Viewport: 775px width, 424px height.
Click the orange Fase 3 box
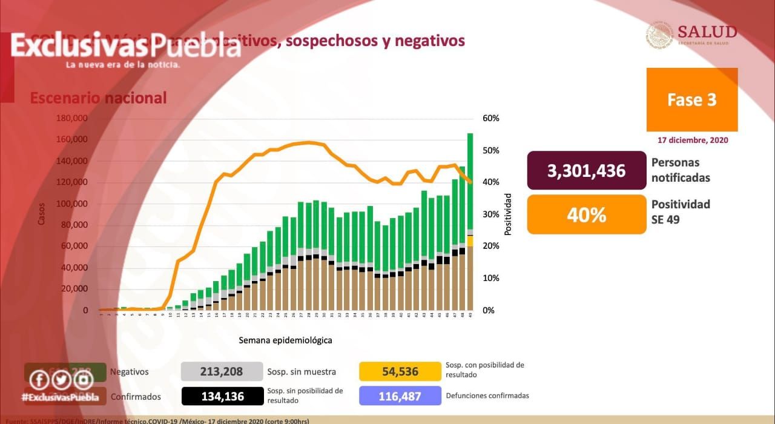click(x=691, y=99)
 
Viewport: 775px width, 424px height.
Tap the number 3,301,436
click(x=585, y=171)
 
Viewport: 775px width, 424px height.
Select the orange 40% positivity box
click(x=585, y=214)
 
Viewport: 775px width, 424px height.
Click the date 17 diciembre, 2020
click(x=693, y=140)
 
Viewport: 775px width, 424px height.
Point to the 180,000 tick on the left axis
click(x=71, y=118)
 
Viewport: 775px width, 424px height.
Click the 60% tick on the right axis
click(x=491, y=118)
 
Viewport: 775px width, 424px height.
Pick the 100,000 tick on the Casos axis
click(x=71, y=204)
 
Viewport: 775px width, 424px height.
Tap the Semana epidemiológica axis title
click(x=285, y=340)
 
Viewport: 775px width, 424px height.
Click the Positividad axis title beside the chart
click(x=508, y=214)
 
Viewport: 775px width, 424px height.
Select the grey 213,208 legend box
click(x=222, y=371)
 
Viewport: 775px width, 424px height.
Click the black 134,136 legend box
click(x=222, y=396)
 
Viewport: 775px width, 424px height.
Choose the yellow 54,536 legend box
click(x=400, y=371)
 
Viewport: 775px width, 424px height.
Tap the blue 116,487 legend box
click(x=400, y=396)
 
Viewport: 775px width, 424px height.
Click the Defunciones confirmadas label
click(x=487, y=396)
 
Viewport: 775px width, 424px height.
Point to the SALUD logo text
click(x=707, y=32)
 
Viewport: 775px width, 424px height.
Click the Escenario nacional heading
click(x=98, y=98)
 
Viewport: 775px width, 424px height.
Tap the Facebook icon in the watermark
click(x=39, y=380)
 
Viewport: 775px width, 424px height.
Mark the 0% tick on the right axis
click(x=489, y=310)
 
